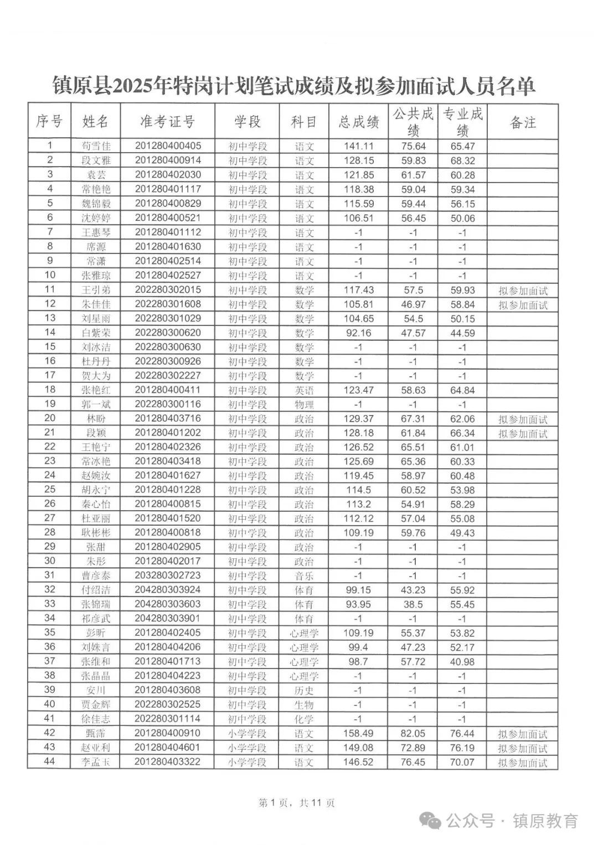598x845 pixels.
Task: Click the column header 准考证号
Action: point(168,122)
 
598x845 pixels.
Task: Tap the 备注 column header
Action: point(522,122)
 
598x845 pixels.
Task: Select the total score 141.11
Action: point(359,146)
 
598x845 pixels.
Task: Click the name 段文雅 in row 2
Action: point(96,160)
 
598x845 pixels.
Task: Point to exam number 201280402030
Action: point(168,175)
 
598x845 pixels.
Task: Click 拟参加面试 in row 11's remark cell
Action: point(522,290)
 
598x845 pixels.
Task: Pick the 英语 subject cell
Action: point(304,391)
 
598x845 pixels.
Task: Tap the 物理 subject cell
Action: point(304,405)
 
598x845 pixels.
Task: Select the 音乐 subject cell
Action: point(304,576)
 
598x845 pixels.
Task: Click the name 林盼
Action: point(96,419)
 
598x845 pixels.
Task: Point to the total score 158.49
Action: point(359,733)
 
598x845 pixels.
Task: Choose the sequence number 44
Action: point(50,762)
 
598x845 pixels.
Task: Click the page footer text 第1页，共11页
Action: point(297,802)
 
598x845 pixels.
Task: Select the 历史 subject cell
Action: point(304,691)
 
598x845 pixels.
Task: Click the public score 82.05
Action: point(413,733)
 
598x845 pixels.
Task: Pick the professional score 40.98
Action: point(462,662)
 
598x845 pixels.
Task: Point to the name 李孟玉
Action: point(96,762)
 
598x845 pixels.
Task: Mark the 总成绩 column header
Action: point(359,122)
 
